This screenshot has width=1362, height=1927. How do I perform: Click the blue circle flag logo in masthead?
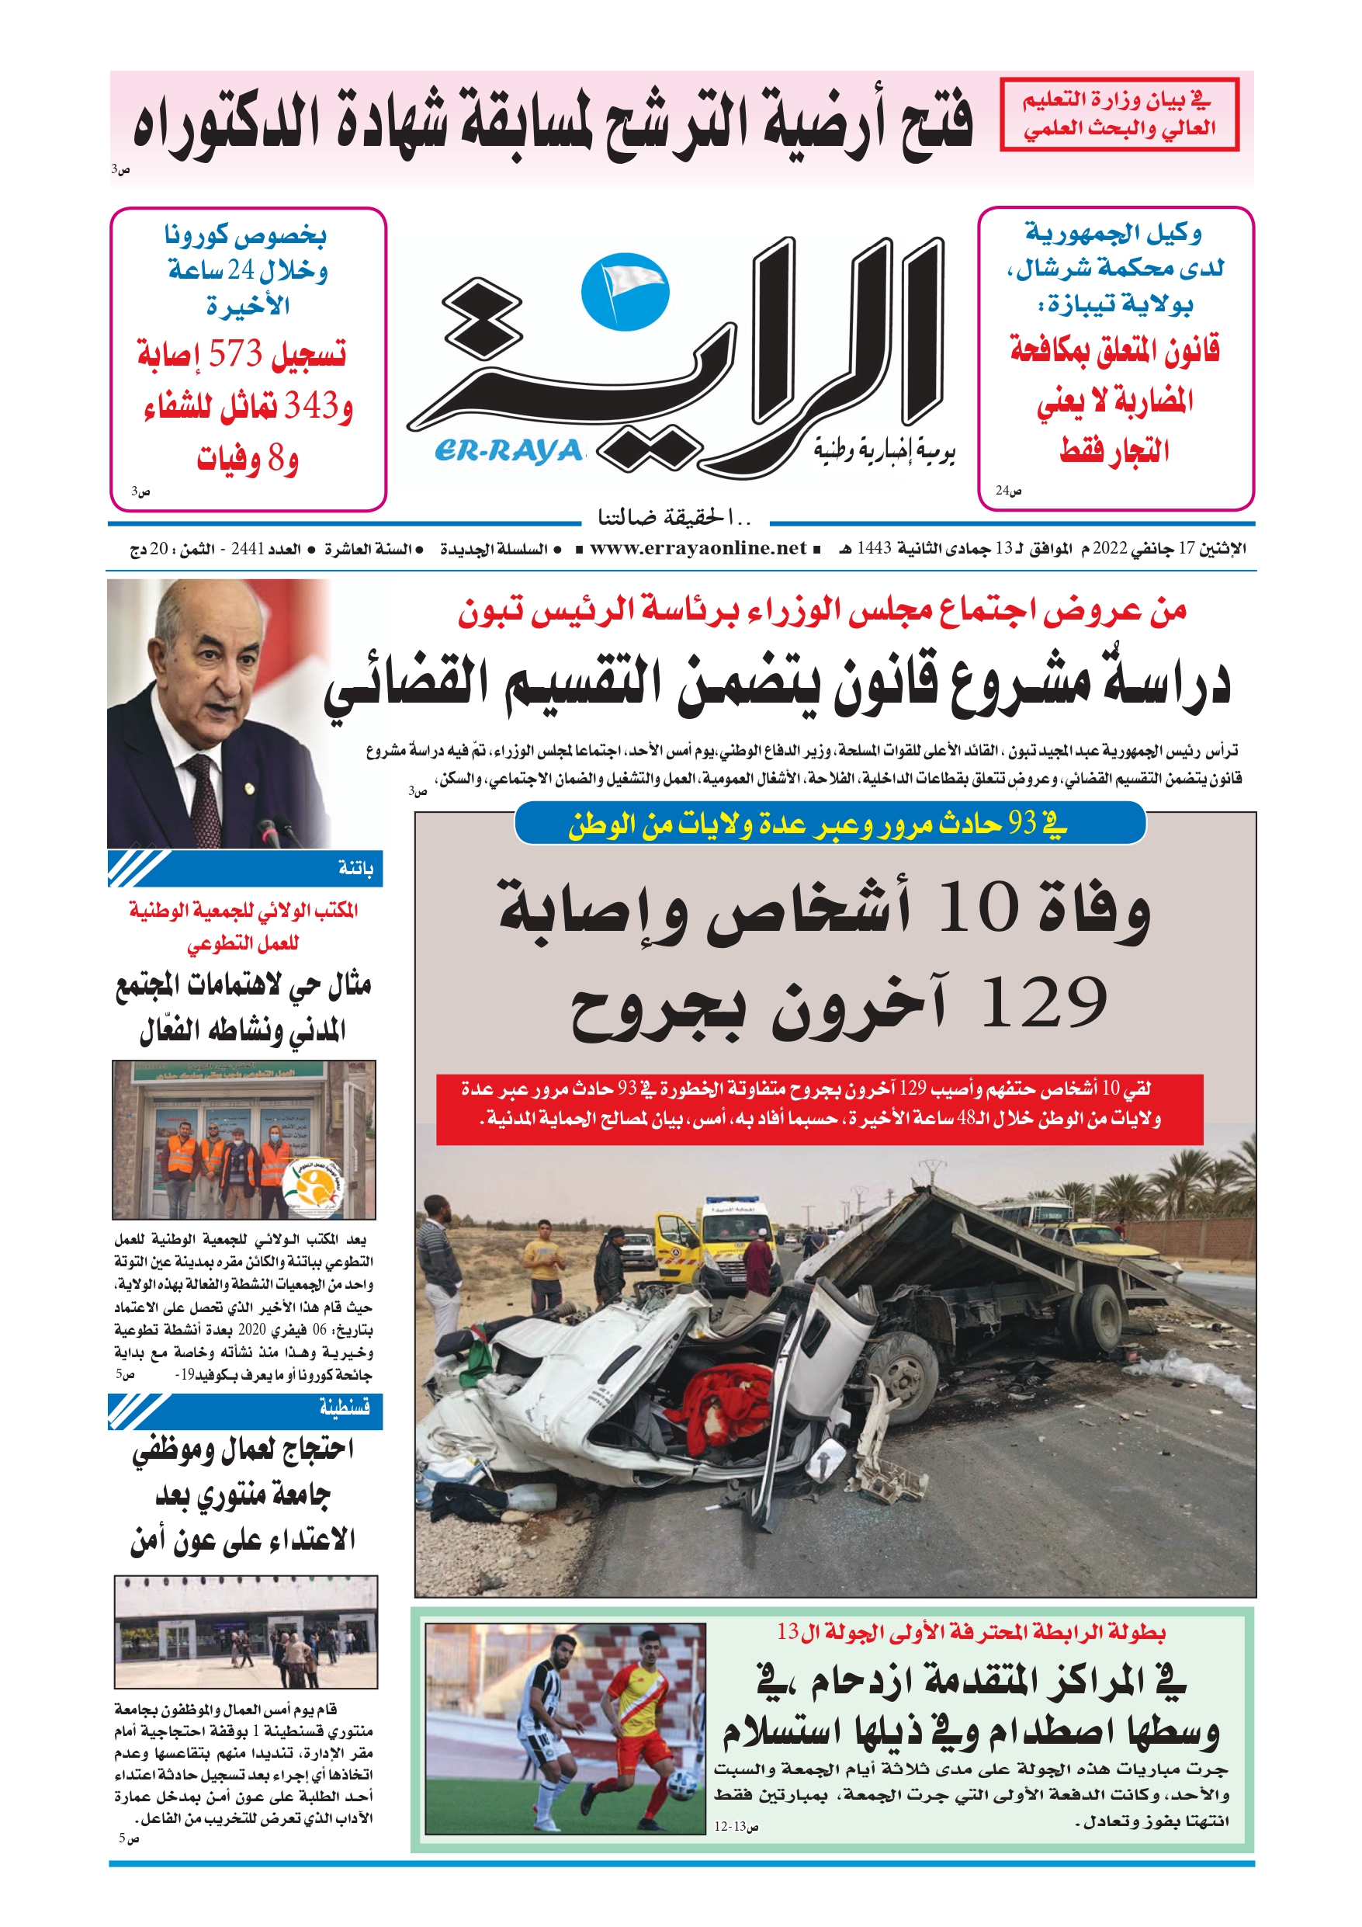tap(626, 291)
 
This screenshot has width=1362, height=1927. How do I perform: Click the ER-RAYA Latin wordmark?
tap(508, 453)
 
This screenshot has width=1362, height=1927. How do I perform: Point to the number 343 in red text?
tap(310, 406)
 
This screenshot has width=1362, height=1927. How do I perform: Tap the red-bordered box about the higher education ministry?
tap(1118, 115)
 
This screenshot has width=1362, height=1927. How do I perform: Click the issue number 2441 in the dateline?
tap(248, 550)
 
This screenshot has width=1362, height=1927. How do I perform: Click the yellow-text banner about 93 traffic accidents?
tap(829, 825)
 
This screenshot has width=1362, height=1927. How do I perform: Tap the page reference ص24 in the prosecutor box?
tap(1008, 490)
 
